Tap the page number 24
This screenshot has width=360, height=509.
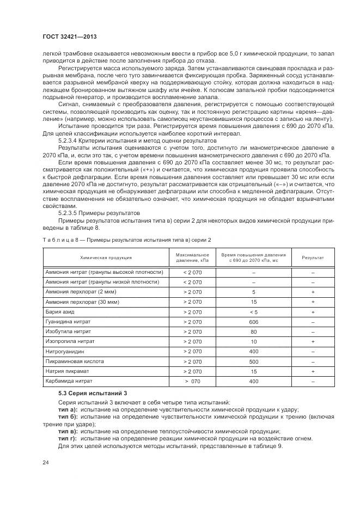45,463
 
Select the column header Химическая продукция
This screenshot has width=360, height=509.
106,257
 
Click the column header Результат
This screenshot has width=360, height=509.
313,257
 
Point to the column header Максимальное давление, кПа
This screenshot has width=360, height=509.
192,257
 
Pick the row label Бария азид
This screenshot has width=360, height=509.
60,312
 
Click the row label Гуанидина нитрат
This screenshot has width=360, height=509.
69,322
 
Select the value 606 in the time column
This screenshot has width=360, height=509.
253,322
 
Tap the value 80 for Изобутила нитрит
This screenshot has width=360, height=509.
253,332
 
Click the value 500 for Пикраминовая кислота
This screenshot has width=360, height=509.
253,361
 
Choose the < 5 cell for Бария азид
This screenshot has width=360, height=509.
253,312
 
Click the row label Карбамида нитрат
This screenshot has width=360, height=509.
69,381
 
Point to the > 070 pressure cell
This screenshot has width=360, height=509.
192,381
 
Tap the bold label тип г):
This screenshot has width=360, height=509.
68,438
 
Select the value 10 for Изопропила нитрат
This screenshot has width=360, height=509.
253,341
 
